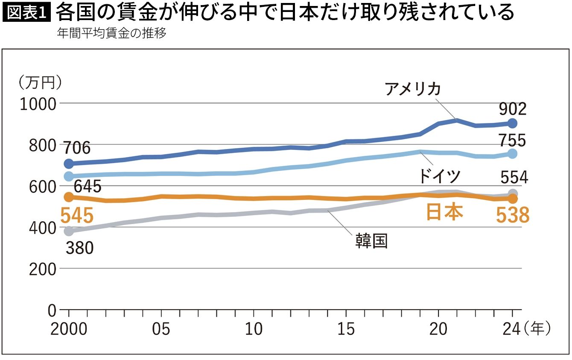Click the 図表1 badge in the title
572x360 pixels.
pyautogui.click(x=26, y=13)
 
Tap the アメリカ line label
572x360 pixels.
pyautogui.click(x=412, y=89)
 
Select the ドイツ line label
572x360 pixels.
pyautogui.click(x=440, y=176)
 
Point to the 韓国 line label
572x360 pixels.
pyautogui.click(x=371, y=241)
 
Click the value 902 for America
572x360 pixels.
pyautogui.click(x=513, y=110)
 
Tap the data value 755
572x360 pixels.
pyautogui.click(x=513, y=140)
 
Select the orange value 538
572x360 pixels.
pyautogui.click(x=512, y=216)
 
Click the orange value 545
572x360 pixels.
pyautogui.click(x=76, y=216)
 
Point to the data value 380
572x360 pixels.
pyautogui.click(x=79, y=248)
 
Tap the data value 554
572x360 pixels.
pyautogui.click(x=514, y=177)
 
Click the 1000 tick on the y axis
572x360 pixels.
pyautogui.click(x=38, y=104)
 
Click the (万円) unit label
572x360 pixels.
pyautogui.click(x=41, y=82)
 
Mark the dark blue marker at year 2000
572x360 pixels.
pyautogui.click(x=68, y=164)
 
